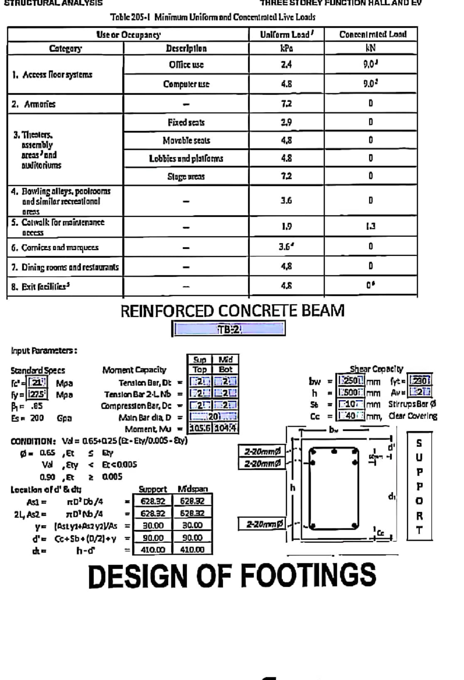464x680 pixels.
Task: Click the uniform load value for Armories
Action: coord(286,104)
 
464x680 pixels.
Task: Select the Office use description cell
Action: coord(186,65)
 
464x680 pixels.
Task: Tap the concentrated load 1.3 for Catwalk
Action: coord(370,226)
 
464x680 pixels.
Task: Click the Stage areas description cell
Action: coord(186,177)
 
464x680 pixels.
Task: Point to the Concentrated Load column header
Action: coord(373,34)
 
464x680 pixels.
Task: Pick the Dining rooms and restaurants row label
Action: coord(65,267)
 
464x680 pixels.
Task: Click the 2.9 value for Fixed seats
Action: coord(286,122)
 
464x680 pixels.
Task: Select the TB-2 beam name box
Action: coord(229,329)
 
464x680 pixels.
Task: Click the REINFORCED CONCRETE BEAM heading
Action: coord(232,311)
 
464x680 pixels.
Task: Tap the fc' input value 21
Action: coord(37,382)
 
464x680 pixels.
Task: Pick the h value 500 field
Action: coord(350,393)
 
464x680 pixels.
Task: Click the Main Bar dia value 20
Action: coord(213,417)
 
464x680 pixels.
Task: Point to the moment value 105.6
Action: coord(200,428)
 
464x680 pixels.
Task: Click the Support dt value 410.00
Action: coord(153,549)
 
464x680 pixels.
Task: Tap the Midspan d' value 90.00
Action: coord(192,537)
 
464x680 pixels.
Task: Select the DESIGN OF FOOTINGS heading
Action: coord(232,576)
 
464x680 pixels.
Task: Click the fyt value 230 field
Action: coord(420,381)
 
